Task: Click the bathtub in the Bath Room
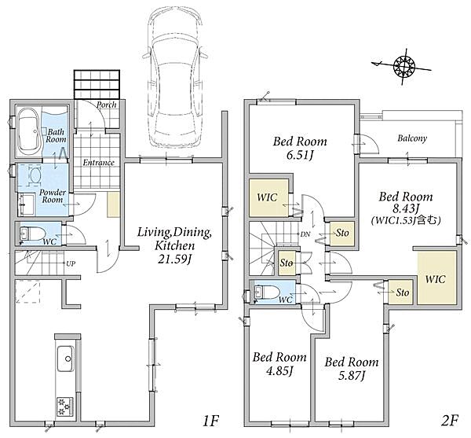[x=29, y=131]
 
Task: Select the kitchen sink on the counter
[x=65, y=359]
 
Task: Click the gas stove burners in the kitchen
[x=65, y=407]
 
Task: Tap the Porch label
[x=107, y=105]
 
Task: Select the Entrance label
[x=99, y=163]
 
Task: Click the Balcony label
[x=412, y=138]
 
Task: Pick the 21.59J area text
[x=175, y=259]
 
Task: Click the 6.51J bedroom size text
[x=300, y=155]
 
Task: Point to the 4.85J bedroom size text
[x=279, y=370]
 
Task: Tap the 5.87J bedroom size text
[x=352, y=375]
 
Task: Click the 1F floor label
[x=210, y=421]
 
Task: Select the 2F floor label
[x=450, y=421]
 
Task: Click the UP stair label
[x=71, y=263]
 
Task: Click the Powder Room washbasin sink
[x=27, y=204]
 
